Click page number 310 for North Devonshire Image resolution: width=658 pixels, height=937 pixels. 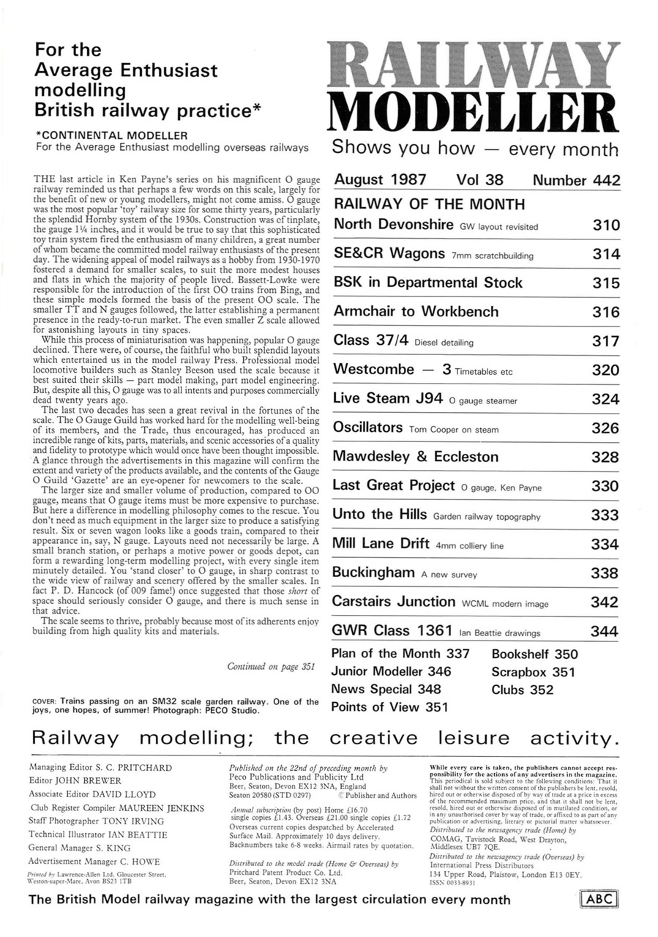pyautogui.click(x=605, y=225)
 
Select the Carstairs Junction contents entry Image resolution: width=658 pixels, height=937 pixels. pyautogui.click(x=394, y=602)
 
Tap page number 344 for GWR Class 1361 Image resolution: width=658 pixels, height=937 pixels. pyautogui.click(x=605, y=632)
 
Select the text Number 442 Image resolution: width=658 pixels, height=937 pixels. pyautogui.click(x=576, y=180)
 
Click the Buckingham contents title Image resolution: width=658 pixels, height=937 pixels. pyautogui.click(x=373, y=573)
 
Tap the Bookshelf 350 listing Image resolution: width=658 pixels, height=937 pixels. pyautogui.click(x=534, y=654)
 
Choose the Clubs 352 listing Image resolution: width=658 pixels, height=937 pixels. pyautogui.click(x=523, y=690)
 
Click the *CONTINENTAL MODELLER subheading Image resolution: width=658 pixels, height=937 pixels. pyautogui.click(x=112, y=135)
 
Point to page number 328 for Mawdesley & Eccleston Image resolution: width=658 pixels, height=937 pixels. pyautogui.click(x=605, y=458)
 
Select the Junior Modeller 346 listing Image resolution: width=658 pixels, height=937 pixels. pyautogui.click(x=391, y=672)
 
